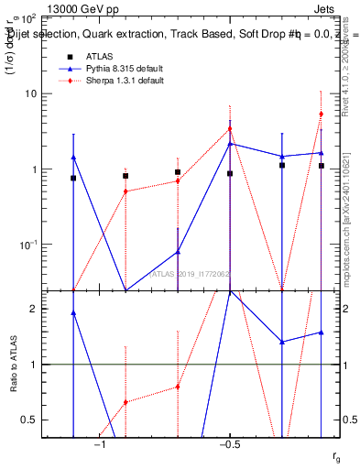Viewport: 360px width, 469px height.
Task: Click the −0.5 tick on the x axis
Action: pos(228,445)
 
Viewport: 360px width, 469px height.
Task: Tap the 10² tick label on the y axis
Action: pos(28,17)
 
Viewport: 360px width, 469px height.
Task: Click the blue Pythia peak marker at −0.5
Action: pos(231,143)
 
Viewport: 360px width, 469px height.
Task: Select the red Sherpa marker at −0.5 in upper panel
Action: pos(231,129)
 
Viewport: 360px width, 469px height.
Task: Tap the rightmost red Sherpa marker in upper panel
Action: pos(322,114)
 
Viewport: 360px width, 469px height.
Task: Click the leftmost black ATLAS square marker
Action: pos(73,178)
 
